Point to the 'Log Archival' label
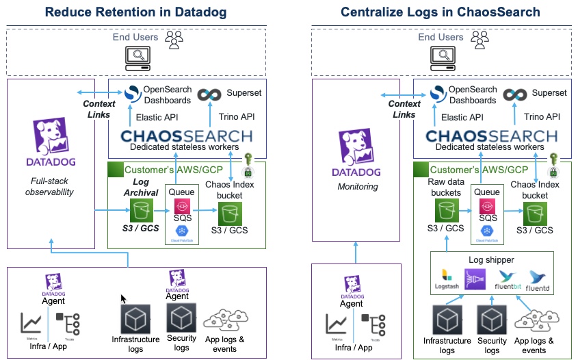point(140,187)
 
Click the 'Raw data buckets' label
point(445,188)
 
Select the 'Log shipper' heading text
point(491,259)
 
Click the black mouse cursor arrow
point(124,299)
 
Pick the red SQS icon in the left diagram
point(182,205)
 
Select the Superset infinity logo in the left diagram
point(208,95)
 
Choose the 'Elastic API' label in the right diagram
point(462,117)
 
